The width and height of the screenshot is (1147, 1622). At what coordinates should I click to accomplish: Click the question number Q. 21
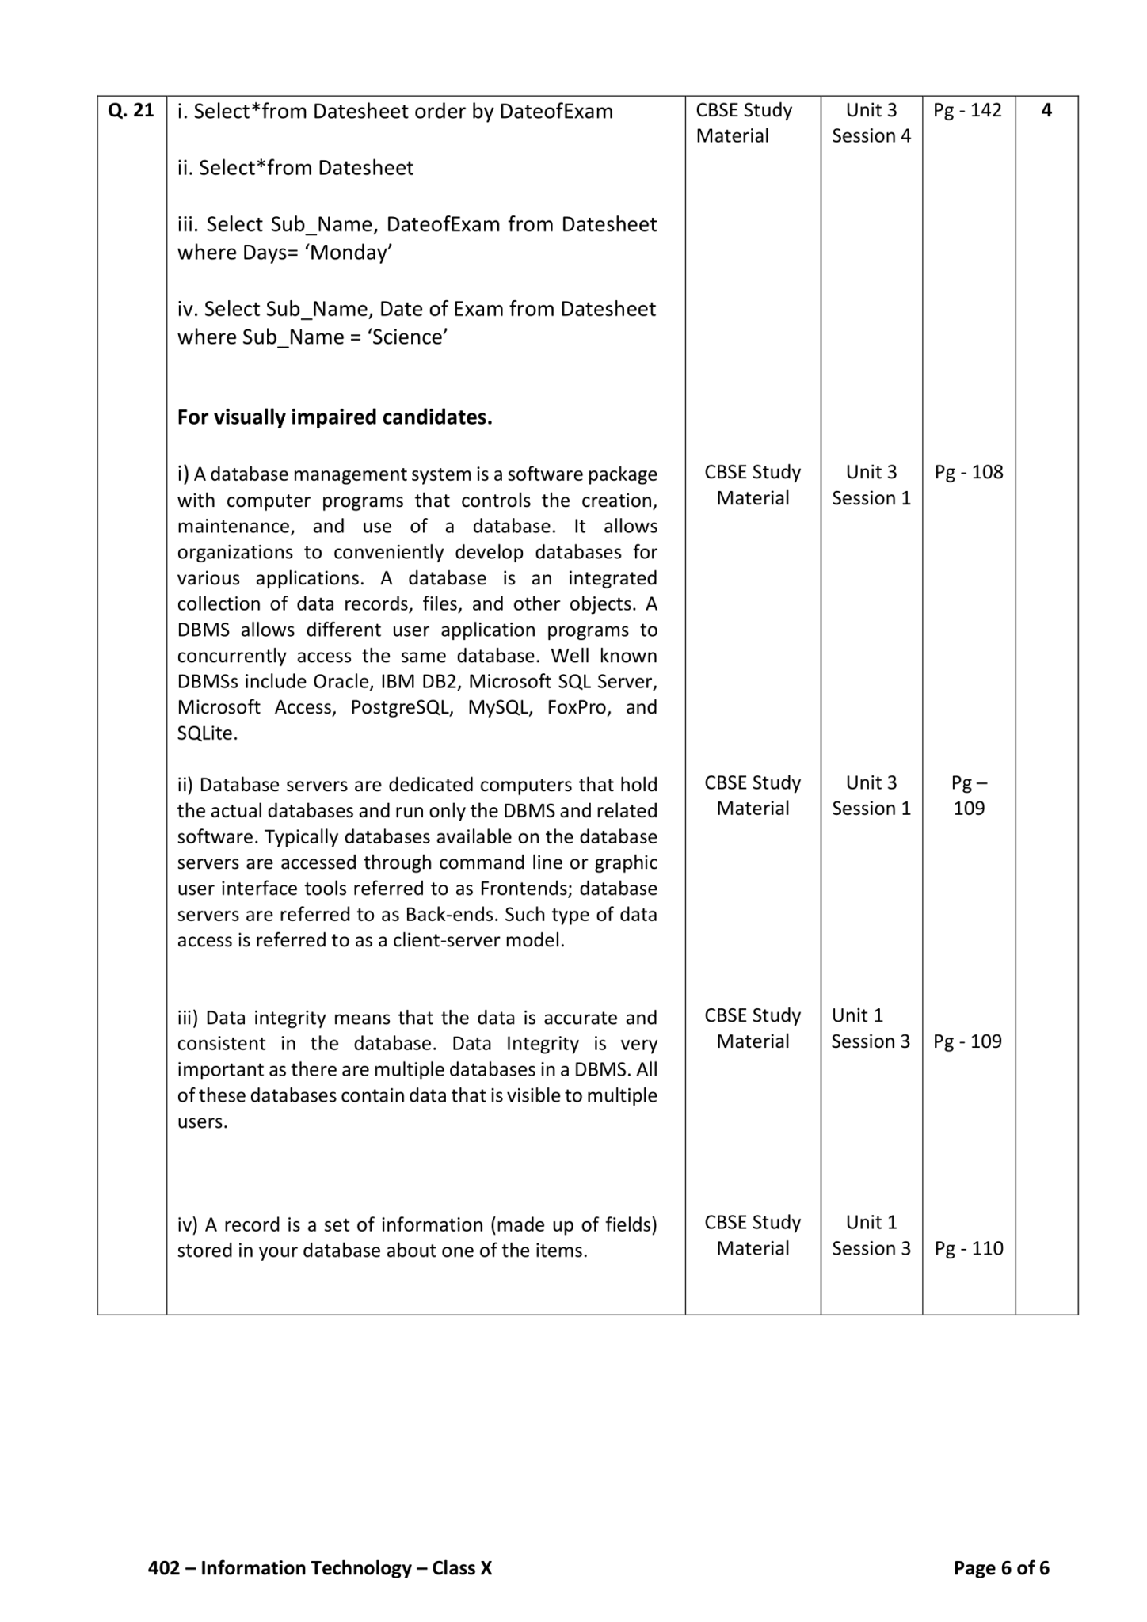point(131,111)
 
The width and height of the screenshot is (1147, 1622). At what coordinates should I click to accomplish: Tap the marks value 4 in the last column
point(1046,111)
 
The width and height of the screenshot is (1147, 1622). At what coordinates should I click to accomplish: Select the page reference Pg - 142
point(967,111)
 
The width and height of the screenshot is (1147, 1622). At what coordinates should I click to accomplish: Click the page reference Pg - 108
point(968,473)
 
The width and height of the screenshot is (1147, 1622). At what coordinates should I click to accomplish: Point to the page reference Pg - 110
point(968,1249)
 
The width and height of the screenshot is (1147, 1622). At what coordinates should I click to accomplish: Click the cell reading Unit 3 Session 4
point(871,124)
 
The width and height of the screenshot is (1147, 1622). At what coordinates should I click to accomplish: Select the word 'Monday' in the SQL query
point(349,253)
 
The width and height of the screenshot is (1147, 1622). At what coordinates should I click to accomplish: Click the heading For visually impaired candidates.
point(334,417)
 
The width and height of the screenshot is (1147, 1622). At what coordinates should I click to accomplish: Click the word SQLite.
point(207,733)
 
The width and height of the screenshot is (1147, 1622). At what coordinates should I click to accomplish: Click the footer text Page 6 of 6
point(1001,1568)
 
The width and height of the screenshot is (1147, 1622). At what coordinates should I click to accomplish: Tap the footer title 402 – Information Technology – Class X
point(320,1568)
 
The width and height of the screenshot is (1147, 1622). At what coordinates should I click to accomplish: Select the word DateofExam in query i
point(556,112)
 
